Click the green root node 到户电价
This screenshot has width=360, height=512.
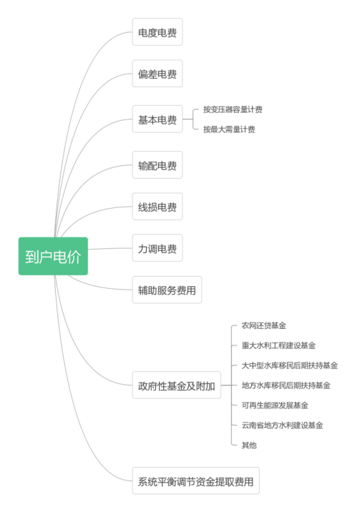(x=53, y=256)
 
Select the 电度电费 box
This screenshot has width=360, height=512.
(x=157, y=31)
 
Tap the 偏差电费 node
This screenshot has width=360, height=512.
(x=157, y=74)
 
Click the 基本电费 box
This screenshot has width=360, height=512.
(x=157, y=119)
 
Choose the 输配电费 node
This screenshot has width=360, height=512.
(x=157, y=165)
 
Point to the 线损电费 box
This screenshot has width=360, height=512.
(x=157, y=207)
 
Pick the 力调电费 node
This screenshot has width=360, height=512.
(x=157, y=248)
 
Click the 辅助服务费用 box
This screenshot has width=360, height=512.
(x=167, y=290)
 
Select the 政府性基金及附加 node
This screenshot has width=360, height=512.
(x=176, y=385)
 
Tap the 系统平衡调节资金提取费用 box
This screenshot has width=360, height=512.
(x=195, y=481)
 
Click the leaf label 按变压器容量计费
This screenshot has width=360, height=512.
(x=233, y=109)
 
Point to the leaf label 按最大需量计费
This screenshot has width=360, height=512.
(x=229, y=129)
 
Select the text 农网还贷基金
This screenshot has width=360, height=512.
(x=263, y=325)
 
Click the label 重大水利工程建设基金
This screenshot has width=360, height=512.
(x=278, y=345)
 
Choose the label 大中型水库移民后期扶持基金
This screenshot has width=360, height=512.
(x=289, y=365)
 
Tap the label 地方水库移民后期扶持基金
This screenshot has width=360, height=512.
(x=286, y=385)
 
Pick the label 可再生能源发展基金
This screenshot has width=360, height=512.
(x=275, y=405)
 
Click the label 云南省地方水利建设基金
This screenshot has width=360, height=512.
(x=282, y=425)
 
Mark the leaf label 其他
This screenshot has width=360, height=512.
(x=249, y=445)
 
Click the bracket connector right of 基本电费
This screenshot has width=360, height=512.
(x=193, y=119)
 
